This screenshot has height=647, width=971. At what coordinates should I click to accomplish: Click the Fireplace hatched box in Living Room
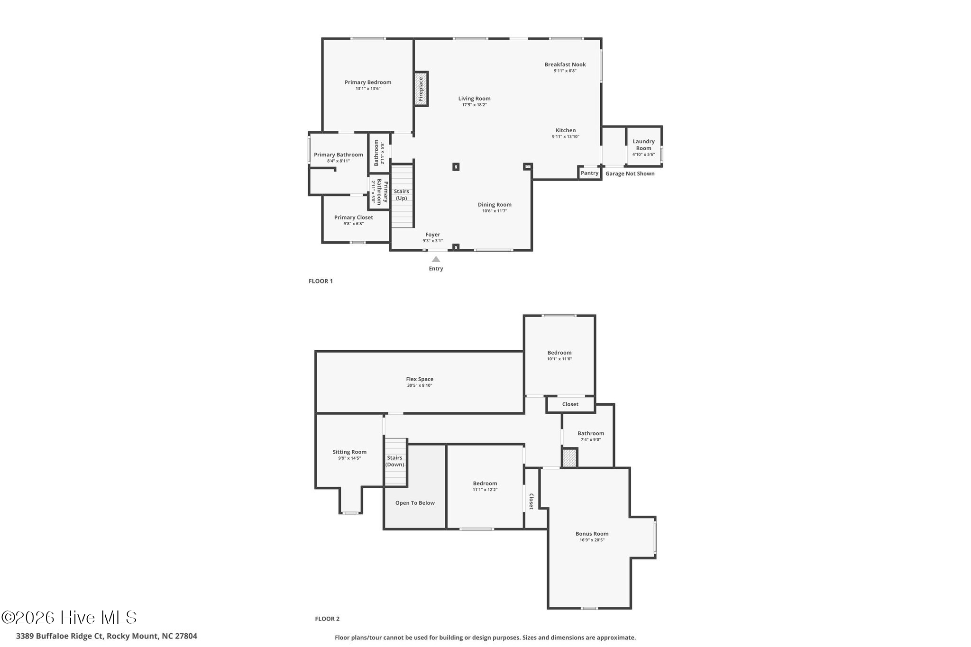click(421, 89)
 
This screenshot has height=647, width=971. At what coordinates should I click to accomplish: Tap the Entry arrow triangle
click(436, 259)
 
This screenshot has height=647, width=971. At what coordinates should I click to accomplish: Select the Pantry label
click(589, 173)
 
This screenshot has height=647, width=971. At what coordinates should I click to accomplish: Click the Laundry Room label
click(643, 145)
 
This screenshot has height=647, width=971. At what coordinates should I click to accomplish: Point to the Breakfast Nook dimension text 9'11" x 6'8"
click(565, 71)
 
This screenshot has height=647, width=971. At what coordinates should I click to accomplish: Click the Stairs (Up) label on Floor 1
click(402, 195)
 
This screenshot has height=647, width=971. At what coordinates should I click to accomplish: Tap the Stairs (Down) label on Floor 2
click(394, 461)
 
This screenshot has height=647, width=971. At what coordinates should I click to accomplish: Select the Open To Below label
click(415, 503)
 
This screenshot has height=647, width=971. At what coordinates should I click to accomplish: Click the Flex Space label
click(420, 379)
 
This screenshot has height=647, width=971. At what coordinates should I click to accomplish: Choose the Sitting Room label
click(349, 452)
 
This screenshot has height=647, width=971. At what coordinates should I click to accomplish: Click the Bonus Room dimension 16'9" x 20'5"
click(592, 540)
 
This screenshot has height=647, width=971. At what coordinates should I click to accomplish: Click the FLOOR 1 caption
click(321, 281)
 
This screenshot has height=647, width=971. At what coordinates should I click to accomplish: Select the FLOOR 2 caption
click(327, 619)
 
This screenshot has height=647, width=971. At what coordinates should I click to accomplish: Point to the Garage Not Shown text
click(630, 173)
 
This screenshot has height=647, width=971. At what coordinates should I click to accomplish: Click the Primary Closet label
click(353, 218)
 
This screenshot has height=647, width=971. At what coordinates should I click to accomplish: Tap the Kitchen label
click(566, 130)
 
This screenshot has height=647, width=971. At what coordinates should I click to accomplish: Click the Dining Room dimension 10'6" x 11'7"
click(495, 211)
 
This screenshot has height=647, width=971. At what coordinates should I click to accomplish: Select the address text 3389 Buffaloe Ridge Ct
click(60, 636)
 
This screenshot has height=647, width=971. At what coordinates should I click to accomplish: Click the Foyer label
click(432, 235)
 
